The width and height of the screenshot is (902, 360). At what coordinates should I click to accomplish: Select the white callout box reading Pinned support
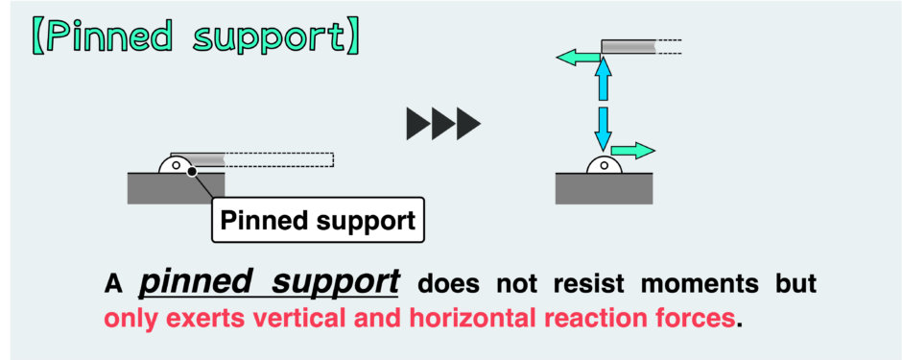coord(317,221)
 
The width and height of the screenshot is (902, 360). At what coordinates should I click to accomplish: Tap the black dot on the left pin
coord(192,171)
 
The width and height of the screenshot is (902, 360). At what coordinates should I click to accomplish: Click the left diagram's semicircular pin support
coord(177,165)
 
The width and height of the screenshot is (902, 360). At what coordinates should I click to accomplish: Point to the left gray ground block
coord(176,188)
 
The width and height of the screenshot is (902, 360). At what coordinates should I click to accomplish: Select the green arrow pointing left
coord(579,60)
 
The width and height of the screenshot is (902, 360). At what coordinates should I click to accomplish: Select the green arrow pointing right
coord(632,150)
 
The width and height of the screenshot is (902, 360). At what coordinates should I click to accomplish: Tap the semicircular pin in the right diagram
coord(604,165)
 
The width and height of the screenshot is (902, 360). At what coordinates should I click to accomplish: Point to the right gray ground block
coord(604,188)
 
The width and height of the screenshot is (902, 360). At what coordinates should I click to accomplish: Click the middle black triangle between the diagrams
coord(443,123)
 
